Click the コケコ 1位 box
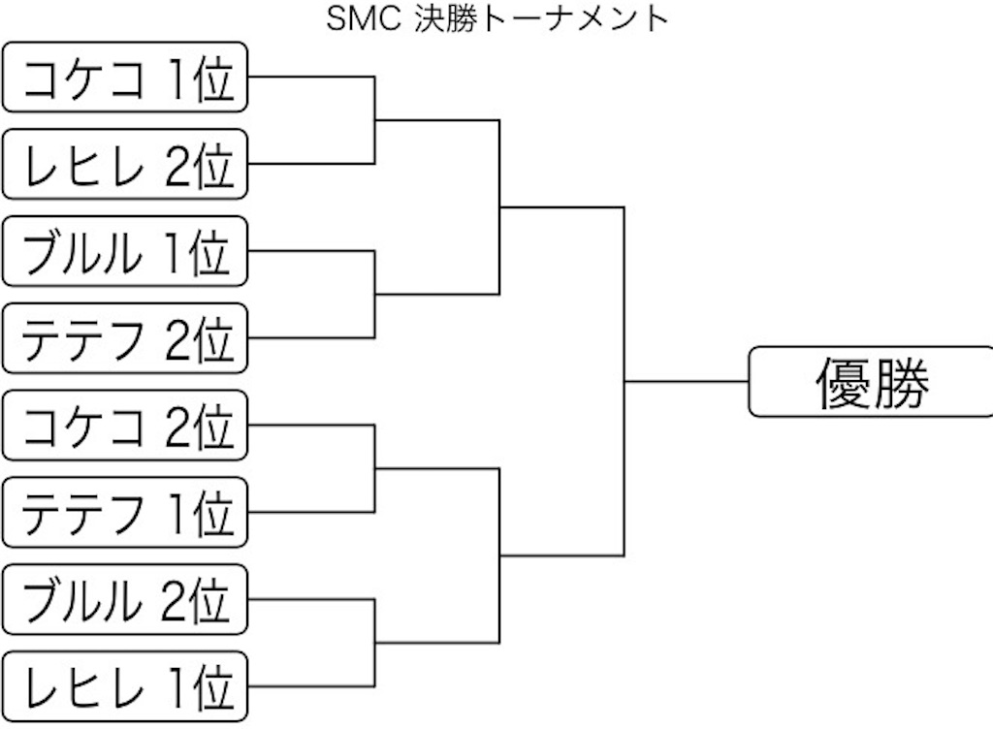tap(125, 78)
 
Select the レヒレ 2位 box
tap(125, 164)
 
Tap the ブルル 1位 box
tap(125, 251)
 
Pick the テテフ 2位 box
tap(125, 338)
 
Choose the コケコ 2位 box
tap(125, 426)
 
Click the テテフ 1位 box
tap(125, 512)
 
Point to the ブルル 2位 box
tap(125, 599)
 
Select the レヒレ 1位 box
tap(125, 686)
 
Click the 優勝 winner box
tap(872, 382)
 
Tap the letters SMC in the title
tap(364, 18)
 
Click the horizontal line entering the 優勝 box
tap(687, 382)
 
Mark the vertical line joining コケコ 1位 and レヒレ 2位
tap(375, 120)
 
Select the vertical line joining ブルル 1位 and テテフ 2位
tap(375, 295)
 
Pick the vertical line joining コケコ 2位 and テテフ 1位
tap(375, 468)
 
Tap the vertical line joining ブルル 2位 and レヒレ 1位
tap(375, 643)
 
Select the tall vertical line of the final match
tap(625, 382)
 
